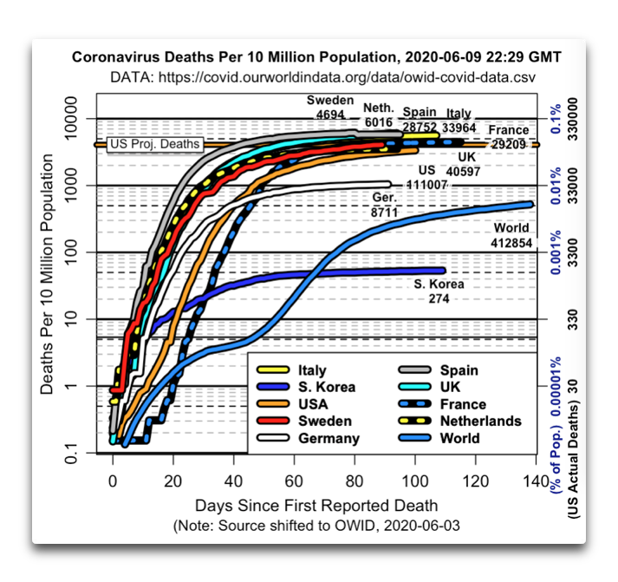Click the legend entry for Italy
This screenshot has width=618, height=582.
(x=291, y=370)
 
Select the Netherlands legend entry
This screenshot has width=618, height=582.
(x=460, y=421)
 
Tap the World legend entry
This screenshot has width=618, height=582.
(x=439, y=438)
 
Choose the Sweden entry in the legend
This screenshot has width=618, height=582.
(x=304, y=421)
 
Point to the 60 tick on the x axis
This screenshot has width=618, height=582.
(x=294, y=481)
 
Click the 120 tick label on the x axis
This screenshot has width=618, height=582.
(x=476, y=481)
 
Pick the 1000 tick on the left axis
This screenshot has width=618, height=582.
(x=71, y=185)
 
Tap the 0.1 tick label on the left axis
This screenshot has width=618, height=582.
(x=71, y=454)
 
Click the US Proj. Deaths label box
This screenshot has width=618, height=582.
(x=155, y=144)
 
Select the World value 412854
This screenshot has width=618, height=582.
(x=511, y=243)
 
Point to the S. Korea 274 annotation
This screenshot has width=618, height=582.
(x=439, y=291)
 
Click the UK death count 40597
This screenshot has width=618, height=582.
(x=463, y=172)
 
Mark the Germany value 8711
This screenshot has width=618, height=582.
(x=384, y=213)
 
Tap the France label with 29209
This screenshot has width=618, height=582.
(x=509, y=137)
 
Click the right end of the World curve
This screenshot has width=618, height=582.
(x=530, y=204)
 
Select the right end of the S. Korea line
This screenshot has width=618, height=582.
(x=443, y=271)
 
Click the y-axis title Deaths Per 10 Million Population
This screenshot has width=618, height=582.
(x=47, y=274)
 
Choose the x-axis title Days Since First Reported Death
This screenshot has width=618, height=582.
(x=316, y=506)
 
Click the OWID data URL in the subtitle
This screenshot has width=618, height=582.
(x=347, y=77)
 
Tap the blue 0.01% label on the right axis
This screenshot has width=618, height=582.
(x=556, y=186)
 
